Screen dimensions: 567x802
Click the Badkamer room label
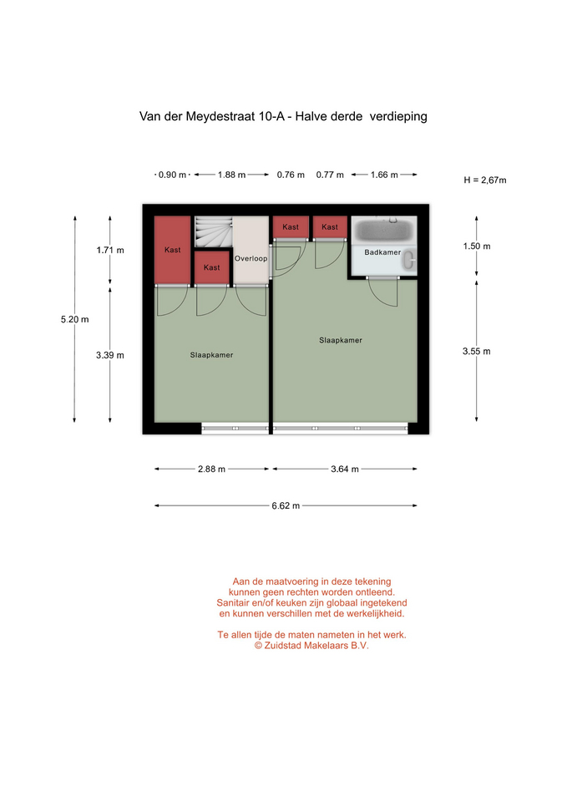coord(382,252)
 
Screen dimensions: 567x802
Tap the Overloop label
coord(251,258)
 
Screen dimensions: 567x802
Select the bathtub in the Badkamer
coord(384,231)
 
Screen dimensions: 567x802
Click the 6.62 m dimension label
coord(286,506)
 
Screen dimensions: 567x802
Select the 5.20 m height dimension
coord(74,320)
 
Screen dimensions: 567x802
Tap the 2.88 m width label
coord(211,469)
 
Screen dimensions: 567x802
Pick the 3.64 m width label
coord(345,469)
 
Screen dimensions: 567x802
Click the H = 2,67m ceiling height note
coord(484,180)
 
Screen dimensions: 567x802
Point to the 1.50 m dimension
coord(477,246)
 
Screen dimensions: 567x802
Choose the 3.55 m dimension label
coord(477,352)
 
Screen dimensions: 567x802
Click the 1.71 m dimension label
coord(110,250)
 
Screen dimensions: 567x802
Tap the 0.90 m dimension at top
coord(172,175)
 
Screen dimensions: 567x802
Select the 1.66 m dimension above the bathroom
coord(384,175)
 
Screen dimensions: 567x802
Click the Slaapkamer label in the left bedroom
coord(211,355)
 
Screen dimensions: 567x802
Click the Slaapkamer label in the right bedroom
coord(341,340)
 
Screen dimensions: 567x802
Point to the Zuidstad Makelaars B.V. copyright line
coord(311,646)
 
